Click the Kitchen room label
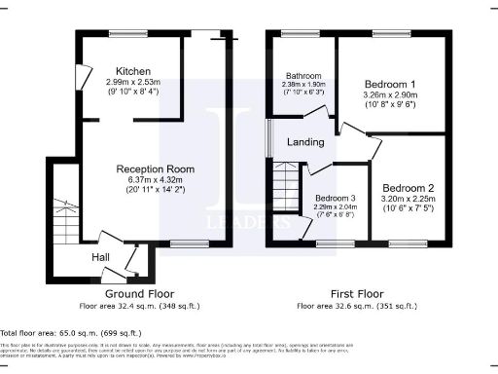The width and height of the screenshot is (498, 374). coord(131,72)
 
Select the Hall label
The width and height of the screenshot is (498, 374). coord(101,257)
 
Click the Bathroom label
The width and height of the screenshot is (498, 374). coord(302,75)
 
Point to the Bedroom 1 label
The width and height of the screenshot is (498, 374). coord(383,85)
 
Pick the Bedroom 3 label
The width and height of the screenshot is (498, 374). coord(333,198)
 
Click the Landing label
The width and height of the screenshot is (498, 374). coord(305,143)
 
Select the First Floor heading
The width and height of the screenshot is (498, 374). coord(355,292)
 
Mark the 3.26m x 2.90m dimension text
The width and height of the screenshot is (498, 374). coord(383,97)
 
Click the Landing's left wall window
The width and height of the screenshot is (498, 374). coord(269,136)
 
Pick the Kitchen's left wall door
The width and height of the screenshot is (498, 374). coord(84,75)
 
